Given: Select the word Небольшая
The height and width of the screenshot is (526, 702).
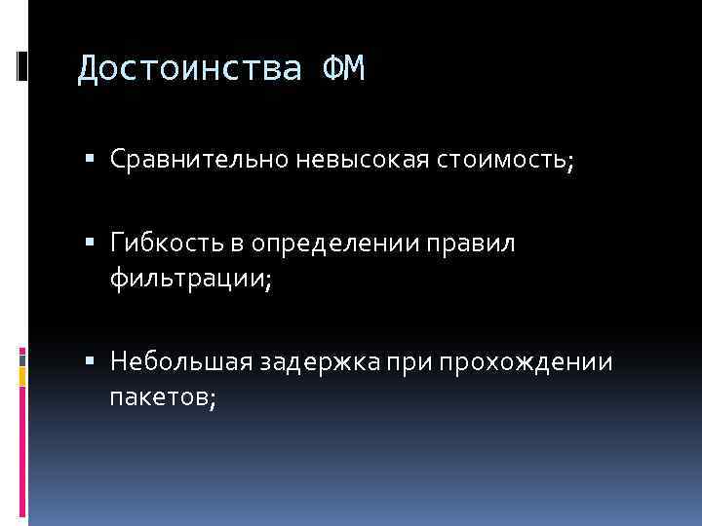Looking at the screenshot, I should (179, 362).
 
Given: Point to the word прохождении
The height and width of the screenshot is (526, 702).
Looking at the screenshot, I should (526, 362).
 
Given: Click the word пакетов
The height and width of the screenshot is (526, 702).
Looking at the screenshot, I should (155, 397).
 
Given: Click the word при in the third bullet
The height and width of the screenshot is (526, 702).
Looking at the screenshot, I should (411, 362).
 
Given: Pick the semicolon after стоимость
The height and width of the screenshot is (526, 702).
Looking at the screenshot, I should (570, 161).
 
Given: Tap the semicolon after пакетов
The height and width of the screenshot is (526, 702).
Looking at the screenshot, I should (209, 399).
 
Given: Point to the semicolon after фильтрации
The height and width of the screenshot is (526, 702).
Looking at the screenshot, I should (267, 282).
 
